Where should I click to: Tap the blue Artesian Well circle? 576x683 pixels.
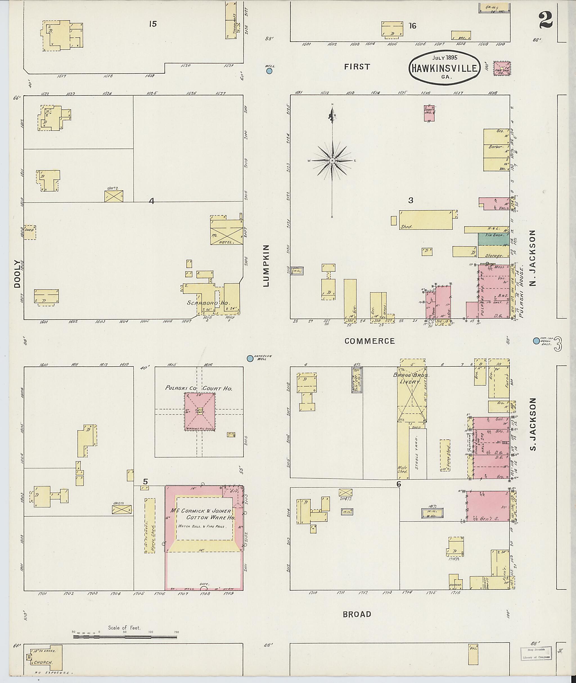pos(250,358)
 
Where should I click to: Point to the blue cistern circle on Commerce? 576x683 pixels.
pos(536,341)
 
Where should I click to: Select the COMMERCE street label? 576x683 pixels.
pos(369,341)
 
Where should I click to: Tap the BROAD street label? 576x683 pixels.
pos(357,614)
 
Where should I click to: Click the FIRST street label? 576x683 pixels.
pos(357,67)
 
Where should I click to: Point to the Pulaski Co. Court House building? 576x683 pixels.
pos(199,411)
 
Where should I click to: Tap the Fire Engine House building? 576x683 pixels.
pos(502,69)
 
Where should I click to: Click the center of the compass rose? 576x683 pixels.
pos(332,161)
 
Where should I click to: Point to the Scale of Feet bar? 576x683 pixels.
pos(125,636)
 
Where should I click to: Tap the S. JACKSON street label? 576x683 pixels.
pos(533,424)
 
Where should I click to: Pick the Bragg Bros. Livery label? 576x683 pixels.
pos(411,379)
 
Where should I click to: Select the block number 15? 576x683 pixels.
pos(152,24)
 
